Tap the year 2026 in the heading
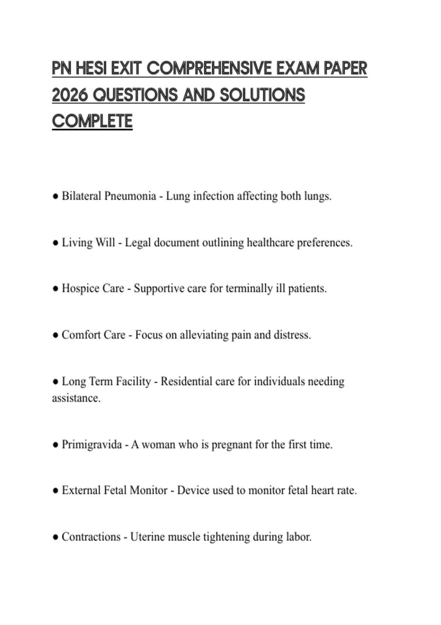click(70, 95)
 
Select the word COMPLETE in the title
click(92, 121)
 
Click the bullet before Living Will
click(55, 243)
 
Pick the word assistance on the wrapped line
click(76, 398)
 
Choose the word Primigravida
click(92, 444)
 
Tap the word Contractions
click(91, 537)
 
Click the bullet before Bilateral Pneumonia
click(55, 196)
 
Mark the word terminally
click(249, 289)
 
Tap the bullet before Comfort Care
click(55, 335)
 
